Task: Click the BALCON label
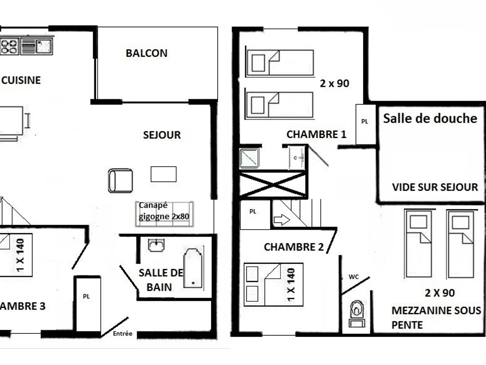click(x=146, y=53)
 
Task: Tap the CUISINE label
click(x=21, y=80)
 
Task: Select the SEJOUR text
click(x=162, y=135)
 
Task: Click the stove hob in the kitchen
click(x=9, y=46)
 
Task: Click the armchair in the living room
click(x=120, y=180)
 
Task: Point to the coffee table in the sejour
click(x=163, y=174)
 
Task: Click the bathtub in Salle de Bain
click(x=193, y=268)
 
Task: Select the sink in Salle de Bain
click(x=156, y=245)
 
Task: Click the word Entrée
click(x=123, y=333)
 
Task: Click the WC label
click(x=354, y=277)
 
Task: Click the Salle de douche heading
click(x=430, y=118)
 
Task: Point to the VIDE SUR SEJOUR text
click(x=435, y=187)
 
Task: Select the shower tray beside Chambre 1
click(x=249, y=158)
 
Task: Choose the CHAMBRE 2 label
click(x=294, y=247)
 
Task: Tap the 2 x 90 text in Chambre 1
click(x=334, y=84)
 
